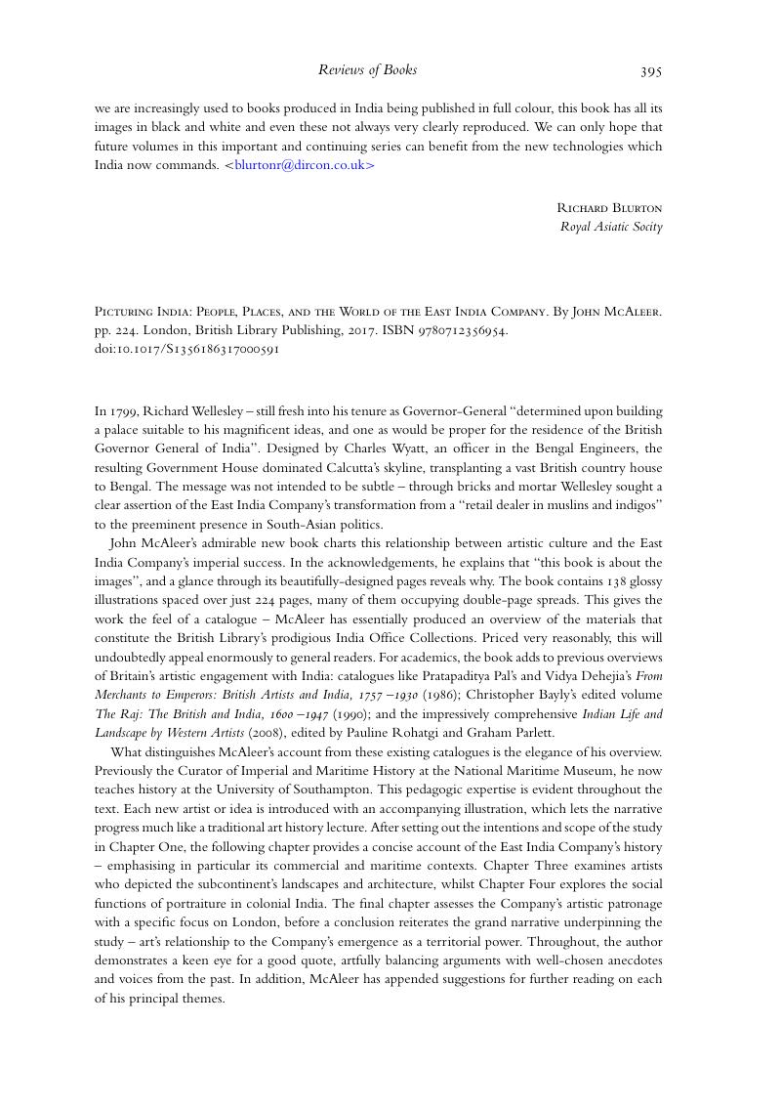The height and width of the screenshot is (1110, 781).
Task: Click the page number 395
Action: coord(651,70)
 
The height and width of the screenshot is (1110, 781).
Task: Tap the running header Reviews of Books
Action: coord(367,69)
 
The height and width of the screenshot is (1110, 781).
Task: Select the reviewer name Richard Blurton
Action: coord(609,208)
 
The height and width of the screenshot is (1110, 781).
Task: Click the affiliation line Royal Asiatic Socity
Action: coord(611,227)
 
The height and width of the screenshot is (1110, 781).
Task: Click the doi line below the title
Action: coord(186,349)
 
